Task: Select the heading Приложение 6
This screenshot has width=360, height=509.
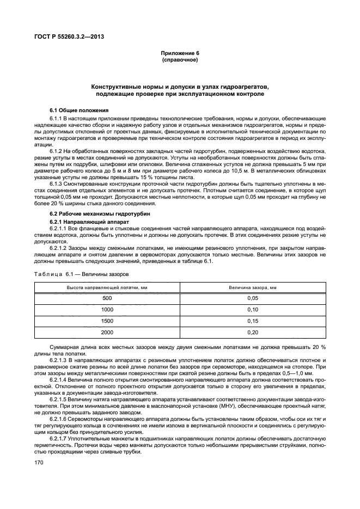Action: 180,53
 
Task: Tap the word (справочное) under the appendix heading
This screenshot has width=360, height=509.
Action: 180,59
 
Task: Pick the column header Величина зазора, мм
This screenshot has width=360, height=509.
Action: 252,287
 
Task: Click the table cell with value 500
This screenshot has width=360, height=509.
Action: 107,298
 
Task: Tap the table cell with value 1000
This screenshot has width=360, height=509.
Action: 107,310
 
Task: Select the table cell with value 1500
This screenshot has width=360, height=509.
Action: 107,321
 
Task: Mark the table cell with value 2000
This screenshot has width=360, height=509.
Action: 107,333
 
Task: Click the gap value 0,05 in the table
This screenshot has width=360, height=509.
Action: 252,298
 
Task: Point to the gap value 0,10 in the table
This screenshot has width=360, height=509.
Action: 252,310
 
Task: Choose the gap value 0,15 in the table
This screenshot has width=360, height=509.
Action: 252,321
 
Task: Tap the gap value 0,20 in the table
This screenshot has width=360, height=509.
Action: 252,333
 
